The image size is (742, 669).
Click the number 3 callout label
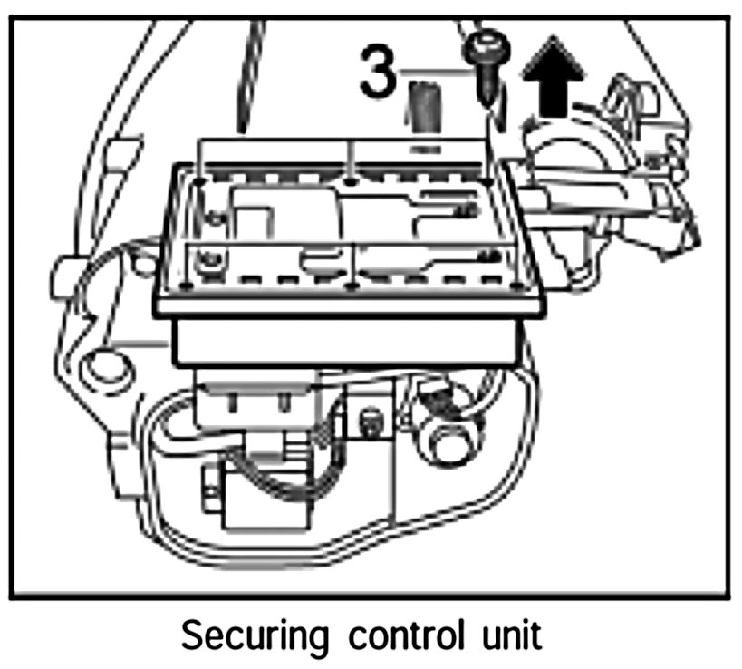(379, 73)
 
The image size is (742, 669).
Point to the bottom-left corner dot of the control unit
(186, 287)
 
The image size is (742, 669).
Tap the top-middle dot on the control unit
(351, 180)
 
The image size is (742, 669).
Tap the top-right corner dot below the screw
(490, 182)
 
